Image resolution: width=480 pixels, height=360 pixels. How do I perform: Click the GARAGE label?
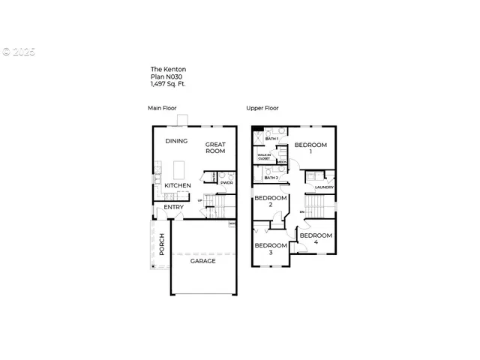click(202, 261)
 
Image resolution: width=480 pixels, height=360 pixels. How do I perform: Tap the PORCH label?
click(161, 243)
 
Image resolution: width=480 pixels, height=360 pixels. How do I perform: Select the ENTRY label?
click(173, 207)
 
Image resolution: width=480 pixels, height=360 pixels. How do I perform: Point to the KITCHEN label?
click(178, 185)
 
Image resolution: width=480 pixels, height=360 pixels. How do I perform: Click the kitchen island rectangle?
click(180, 167)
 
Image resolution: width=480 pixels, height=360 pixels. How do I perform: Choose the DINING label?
click(176, 140)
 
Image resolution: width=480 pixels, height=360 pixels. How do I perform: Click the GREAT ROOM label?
click(215, 147)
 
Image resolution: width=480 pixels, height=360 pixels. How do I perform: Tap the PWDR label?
click(226, 182)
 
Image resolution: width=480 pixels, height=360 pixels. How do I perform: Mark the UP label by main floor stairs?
click(200, 200)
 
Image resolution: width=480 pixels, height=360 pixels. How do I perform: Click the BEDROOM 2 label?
click(270, 201)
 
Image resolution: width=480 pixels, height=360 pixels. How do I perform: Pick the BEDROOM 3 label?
click(270, 248)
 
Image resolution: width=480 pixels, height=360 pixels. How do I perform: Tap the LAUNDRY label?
click(324, 187)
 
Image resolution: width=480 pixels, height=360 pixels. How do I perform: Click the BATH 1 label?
click(271, 139)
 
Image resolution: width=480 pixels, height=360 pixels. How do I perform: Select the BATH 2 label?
click(271, 178)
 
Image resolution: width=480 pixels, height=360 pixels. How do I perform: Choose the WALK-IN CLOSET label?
click(264, 157)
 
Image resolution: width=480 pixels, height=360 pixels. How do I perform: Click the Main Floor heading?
click(160, 108)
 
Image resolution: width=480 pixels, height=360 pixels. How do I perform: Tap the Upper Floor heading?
click(262, 108)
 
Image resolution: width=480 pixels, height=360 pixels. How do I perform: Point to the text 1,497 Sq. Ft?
click(167, 84)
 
